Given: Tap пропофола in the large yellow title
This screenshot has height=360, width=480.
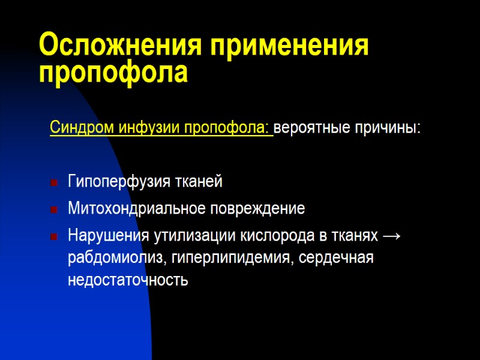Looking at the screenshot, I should click(113, 73).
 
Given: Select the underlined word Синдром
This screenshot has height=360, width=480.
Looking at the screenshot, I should click(75, 128).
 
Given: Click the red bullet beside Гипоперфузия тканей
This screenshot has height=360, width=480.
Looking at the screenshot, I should click(54, 181).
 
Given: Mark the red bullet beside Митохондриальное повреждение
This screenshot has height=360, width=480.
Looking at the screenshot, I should click(54, 209).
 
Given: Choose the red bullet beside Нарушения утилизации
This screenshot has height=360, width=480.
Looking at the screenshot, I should click(54, 237).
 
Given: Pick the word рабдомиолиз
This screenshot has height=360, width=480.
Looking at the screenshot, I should click(118, 259).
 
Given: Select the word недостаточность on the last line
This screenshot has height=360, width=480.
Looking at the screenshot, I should click(128, 280).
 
